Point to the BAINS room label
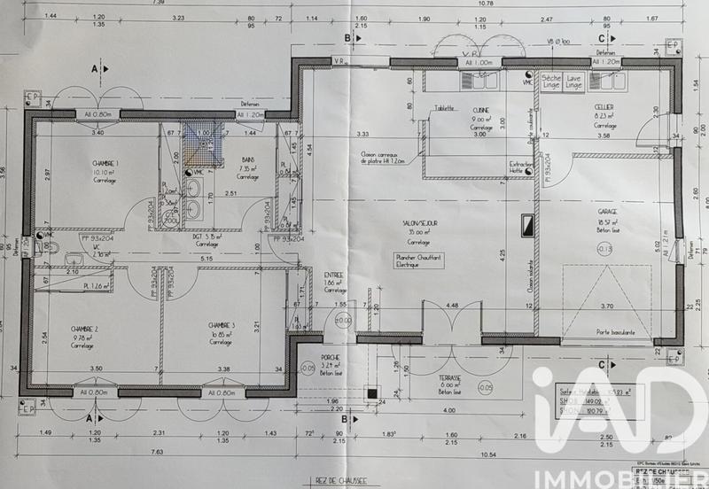click(x=248, y=159)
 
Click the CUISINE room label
click(x=481, y=110)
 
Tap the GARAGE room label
click(x=607, y=212)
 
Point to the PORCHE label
click(x=331, y=356)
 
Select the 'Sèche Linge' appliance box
click(x=550, y=81)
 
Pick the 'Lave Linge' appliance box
click(x=574, y=81)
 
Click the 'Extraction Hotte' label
click(x=521, y=168)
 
